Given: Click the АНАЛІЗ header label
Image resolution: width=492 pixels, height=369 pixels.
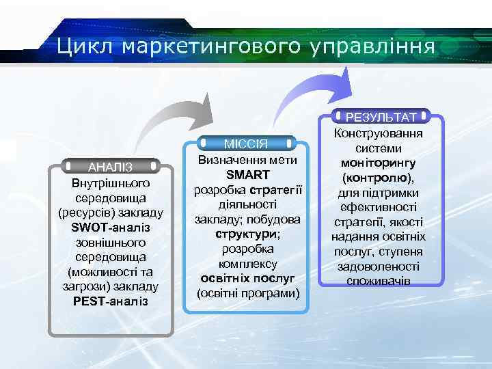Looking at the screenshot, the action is (x=110, y=166).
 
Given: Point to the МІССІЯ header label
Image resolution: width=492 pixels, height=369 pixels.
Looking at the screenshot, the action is (x=246, y=143).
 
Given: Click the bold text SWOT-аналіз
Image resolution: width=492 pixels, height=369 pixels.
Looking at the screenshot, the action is (x=110, y=227).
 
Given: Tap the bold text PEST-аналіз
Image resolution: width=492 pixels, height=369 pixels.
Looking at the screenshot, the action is (x=110, y=301).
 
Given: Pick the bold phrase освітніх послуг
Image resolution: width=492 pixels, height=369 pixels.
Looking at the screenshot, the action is (x=247, y=278).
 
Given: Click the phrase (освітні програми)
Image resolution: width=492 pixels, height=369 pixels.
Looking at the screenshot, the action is (x=247, y=293).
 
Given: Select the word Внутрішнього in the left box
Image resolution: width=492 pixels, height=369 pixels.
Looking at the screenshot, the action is (x=110, y=183).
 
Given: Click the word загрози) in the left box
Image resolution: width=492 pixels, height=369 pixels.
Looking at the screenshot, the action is (x=88, y=286).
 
